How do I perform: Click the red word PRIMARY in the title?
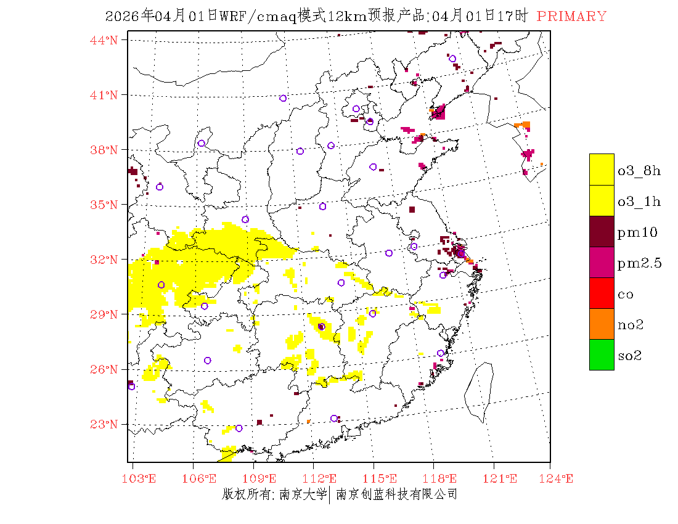click(x=571, y=17)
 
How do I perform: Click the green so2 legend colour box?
click(x=602, y=354)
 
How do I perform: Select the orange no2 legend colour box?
click(x=602, y=324)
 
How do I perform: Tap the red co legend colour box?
click(x=602, y=293)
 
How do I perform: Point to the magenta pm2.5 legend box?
click(x=602, y=262)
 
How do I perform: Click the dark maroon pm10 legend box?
click(x=602, y=231)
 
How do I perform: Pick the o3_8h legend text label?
click(x=639, y=171)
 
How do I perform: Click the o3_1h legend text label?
click(x=639, y=202)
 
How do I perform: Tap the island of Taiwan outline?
click(x=480, y=392)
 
